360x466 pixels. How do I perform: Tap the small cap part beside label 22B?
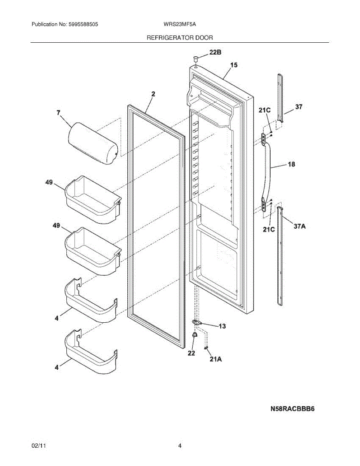pos(196,59)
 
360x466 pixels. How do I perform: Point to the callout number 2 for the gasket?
pos(153,94)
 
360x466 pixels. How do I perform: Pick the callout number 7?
pos(58,113)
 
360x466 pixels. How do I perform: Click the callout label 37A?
pos(299,226)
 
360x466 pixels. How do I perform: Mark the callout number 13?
pos(222,326)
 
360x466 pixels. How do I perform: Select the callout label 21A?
pos(216,360)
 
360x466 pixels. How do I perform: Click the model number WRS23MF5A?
pos(180,24)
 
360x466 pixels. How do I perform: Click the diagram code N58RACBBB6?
pos(292,409)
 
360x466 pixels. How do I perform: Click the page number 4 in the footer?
pos(180,446)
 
